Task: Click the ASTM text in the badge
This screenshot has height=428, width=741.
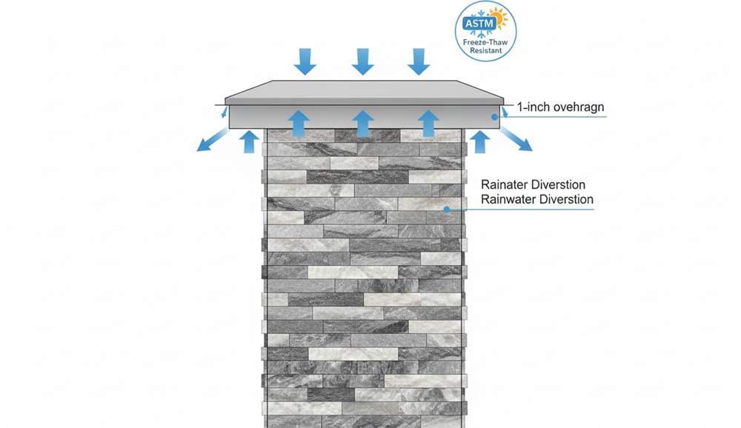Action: pyautogui.click(x=479, y=23)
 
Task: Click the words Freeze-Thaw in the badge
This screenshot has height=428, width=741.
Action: pyautogui.click(x=485, y=42)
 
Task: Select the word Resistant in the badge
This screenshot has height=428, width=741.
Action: pyautogui.click(x=486, y=50)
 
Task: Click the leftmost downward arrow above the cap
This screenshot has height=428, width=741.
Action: pyautogui.click(x=305, y=61)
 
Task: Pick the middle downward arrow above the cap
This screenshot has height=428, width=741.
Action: pyautogui.click(x=363, y=61)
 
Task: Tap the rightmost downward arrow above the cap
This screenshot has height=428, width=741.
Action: pyautogui.click(x=419, y=61)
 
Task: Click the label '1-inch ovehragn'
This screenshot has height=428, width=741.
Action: pyautogui.click(x=560, y=107)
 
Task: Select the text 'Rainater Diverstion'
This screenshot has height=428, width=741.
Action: pyautogui.click(x=533, y=184)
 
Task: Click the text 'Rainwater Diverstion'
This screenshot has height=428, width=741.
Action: pyautogui.click(x=536, y=199)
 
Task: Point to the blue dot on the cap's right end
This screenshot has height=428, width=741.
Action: pyautogui.click(x=494, y=117)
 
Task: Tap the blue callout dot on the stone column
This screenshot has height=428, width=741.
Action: pyautogui.click(x=447, y=210)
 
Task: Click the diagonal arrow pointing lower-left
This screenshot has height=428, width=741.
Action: pyautogui.click(x=212, y=140)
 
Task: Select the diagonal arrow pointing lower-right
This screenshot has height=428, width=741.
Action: pyautogui.click(x=516, y=140)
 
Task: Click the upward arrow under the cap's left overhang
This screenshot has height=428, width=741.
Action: pyautogui.click(x=250, y=141)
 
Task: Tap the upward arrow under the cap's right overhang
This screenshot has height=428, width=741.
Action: pyautogui.click(x=480, y=141)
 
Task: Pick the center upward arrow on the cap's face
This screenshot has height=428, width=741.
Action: pyautogui.click(x=363, y=124)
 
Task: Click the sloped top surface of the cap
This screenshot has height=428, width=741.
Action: pyautogui.click(x=365, y=90)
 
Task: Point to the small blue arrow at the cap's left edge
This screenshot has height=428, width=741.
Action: pyautogui.click(x=225, y=112)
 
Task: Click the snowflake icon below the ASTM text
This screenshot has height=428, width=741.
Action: pyautogui.click(x=482, y=34)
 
